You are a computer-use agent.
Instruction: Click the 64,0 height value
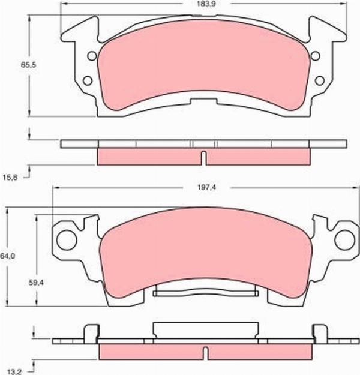[x=7, y=256]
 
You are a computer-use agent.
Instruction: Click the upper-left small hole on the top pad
[x=92, y=57]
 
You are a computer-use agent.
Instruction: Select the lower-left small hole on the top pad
[x=86, y=80]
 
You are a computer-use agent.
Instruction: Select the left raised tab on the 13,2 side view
[x=90, y=333]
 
